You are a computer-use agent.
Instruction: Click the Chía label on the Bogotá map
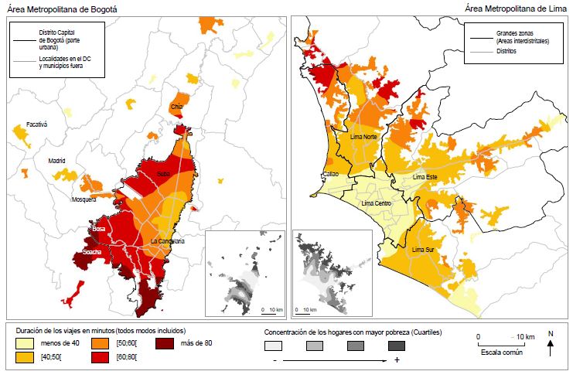(177, 107)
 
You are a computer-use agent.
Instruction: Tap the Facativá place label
(36, 124)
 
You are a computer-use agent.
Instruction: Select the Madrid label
(57, 161)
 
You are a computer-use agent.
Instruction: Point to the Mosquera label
(83, 199)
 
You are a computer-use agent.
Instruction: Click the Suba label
(163, 175)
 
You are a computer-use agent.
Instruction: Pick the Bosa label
(98, 230)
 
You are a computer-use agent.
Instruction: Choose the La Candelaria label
(168, 241)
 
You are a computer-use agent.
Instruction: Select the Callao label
(332, 175)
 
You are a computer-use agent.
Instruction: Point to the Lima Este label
(426, 177)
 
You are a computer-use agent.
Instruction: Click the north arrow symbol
(550, 346)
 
